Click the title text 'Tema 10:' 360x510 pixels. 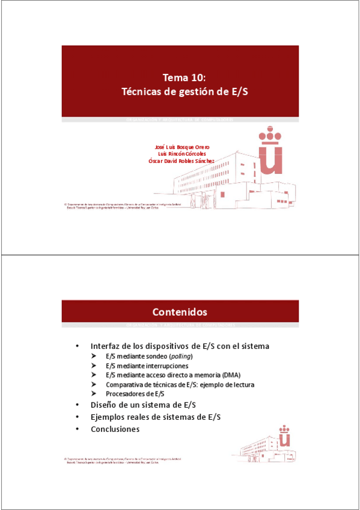pos(185,78)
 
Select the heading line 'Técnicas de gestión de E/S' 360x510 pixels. pos(185,92)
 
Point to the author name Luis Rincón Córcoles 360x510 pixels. pos(182,153)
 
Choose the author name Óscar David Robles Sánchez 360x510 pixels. pos(182,161)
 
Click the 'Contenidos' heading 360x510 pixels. pos(180,312)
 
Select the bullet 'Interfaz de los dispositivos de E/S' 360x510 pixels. pos(180,346)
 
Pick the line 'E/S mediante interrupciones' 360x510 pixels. pos(147,366)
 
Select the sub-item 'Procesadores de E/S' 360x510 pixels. pos(135,393)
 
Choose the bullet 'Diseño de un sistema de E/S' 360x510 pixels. pos(143,404)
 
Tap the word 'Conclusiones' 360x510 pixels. pos(115,429)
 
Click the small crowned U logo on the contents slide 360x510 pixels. pos(285,438)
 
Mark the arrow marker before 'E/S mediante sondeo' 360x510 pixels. pos(94,357)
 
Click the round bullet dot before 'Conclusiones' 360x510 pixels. pos(77,429)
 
